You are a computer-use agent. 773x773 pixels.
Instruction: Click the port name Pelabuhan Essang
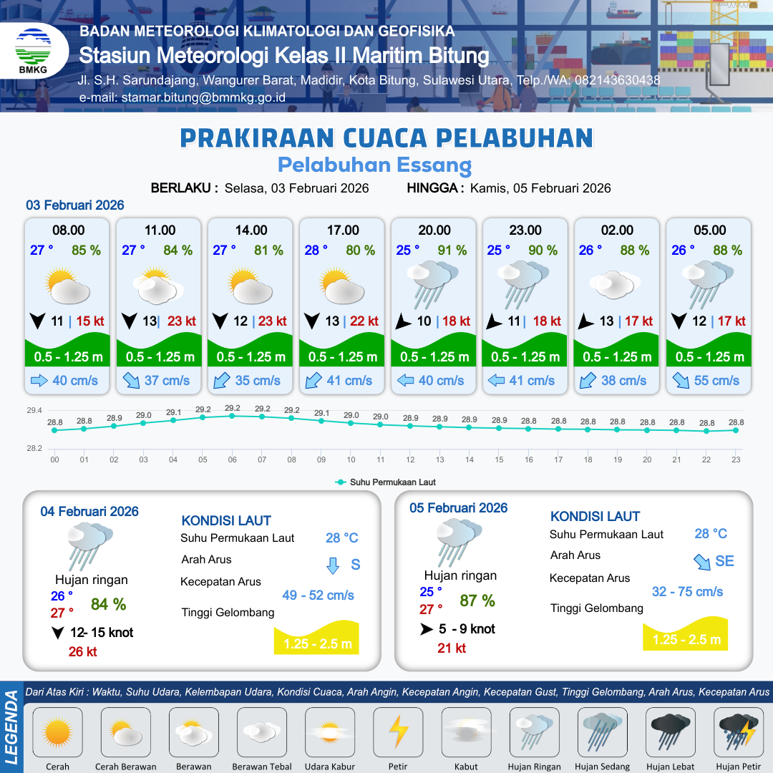(x=374, y=165)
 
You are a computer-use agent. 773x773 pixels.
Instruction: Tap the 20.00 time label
(x=434, y=230)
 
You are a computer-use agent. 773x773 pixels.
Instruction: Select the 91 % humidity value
(x=452, y=251)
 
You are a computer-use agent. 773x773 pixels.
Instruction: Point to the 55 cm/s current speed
(x=716, y=381)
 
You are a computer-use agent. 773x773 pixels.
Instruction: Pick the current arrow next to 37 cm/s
(x=132, y=381)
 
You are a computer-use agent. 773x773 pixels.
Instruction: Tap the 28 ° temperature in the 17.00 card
(x=316, y=251)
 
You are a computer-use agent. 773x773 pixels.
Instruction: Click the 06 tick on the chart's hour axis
(x=233, y=460)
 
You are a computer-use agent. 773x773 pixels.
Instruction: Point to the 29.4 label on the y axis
(x=34, y=411)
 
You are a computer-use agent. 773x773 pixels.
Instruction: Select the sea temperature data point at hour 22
(x=706, y=431)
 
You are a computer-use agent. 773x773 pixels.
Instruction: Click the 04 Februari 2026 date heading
(x=89, y=512)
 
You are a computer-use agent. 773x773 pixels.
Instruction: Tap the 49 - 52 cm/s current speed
(x=319, y=595)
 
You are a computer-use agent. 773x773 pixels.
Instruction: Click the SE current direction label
(x=724, y=561)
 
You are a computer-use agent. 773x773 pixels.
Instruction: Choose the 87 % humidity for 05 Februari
(x=477, y=601)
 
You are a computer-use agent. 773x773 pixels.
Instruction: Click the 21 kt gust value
(x=452, y=648)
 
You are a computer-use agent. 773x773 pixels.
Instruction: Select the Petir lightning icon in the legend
(x=398, y=732)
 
